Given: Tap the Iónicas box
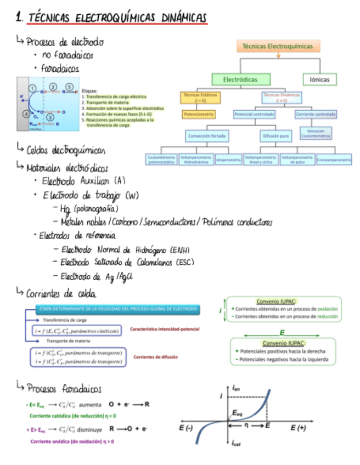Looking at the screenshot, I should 319,80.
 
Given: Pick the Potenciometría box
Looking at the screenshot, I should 199,115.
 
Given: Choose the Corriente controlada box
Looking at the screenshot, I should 316,115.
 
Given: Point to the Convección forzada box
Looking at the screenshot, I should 207,135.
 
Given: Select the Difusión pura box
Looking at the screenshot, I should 275,135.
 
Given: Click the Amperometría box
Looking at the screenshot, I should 229,160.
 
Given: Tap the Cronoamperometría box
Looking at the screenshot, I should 334,160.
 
